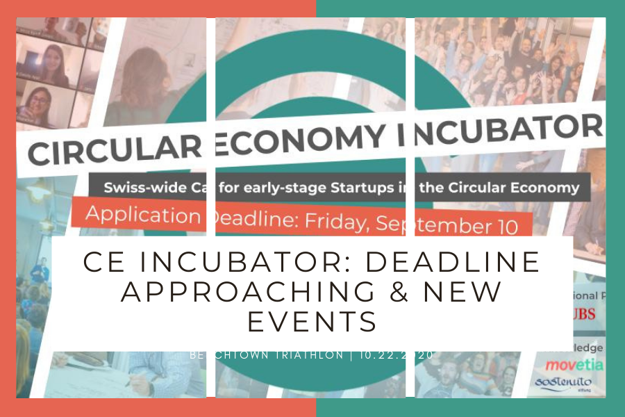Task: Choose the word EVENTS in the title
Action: (x=312, y=322)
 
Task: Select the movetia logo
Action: (x=573, y=364)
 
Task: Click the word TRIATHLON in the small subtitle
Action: (x=306, y=355)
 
